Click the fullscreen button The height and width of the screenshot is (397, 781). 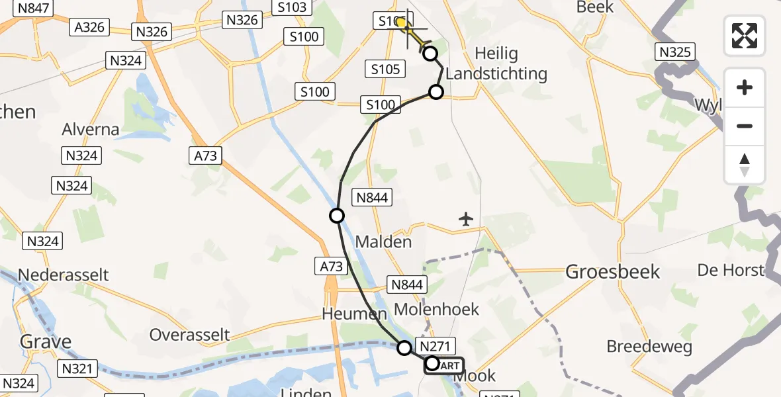pyautogui.click(x=745, y=36)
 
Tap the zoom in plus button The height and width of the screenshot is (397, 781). pyautogui.click(x=745, y=87)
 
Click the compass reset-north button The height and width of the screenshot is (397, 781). pyautogui.click(x=745, y=165)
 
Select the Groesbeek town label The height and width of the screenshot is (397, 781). pyautogui.click(x=613, y=271)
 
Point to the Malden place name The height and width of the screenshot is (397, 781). pyautogui.click(x=383, y=242)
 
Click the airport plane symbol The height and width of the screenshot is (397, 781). pyautogui.click(x=467, y=218)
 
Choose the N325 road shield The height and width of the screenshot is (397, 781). pyautogui.click(x=674, y=52)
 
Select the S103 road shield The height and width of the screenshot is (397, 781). pyautogui.click(x=290, y=8)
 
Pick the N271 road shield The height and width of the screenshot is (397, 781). pyautogui.click(x=435, y=346)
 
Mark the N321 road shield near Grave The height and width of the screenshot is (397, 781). pyautogui.click(x=78, y=369)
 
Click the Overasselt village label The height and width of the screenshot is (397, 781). pyautogui.click(x=190, y=334)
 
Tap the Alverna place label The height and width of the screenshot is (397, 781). pyautogui.click(x=91, y=129)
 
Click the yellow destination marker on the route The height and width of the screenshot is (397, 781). pyautogui.click(x=401, y=23)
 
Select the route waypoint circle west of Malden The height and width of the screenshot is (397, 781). pyautogui.click(x=337, y=216)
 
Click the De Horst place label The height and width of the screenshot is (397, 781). pyautogui.click(x=731, y=270)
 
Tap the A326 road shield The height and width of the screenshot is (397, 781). pyautogui.click(x=89, y=27)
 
